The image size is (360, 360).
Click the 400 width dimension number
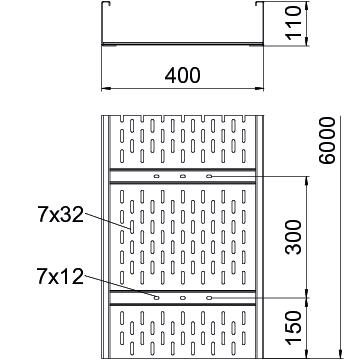click(x=182, y=75)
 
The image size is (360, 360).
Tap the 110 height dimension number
click(x=294, y=23)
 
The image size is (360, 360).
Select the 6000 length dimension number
click(x=327, y=140)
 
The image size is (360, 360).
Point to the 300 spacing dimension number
click(x=294, y=237)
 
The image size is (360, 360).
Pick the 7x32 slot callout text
click(x=60, y=214)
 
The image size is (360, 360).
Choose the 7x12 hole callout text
click(x=60, y=277)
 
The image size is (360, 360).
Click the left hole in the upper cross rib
click(x=156, y=176)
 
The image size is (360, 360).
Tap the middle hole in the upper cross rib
click(x=183, y=176)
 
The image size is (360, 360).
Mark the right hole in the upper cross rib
click(x=209, y=176)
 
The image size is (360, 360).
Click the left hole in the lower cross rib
click(x=156, y=298)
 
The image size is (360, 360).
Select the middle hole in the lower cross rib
click(x=183, y=298)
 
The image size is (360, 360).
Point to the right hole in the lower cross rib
click(x=209, y=298)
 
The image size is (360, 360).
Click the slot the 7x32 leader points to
click(x=132, y=227)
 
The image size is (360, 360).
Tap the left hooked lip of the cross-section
click(x=106, y=3)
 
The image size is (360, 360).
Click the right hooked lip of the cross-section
click(x=259, y=3)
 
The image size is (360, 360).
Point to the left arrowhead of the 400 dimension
click(x=105, y=89)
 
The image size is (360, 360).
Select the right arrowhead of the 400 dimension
click(x=259, y=89)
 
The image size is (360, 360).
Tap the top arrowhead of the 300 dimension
click(x=307, y=180)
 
